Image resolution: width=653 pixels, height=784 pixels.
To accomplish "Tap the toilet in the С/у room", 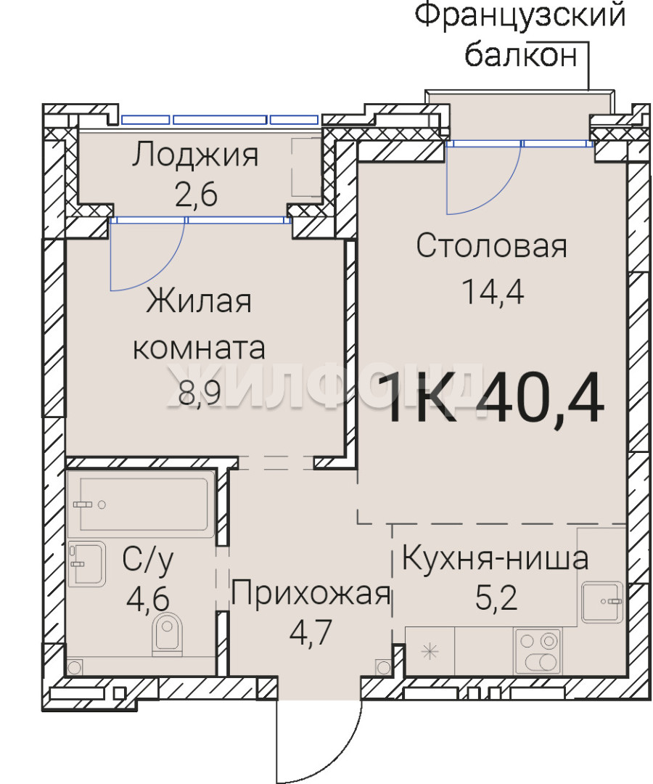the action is click(168, 633).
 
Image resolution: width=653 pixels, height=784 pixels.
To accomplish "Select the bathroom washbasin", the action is click(87, 564).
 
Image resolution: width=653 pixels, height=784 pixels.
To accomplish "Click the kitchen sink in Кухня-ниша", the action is click(602, 602).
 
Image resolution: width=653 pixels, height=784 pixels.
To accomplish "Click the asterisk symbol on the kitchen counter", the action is click(430, 652).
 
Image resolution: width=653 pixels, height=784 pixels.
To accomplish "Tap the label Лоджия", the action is click(195, 156).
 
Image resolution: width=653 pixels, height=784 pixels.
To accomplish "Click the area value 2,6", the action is click(196, 195).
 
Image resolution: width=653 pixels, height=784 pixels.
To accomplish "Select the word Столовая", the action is click(492, 246).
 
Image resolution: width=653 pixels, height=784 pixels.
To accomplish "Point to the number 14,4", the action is click(493, 292).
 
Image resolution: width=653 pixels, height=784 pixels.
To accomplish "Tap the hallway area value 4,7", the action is click(311, 632).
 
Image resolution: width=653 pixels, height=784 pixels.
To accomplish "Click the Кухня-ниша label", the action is click(495, 558).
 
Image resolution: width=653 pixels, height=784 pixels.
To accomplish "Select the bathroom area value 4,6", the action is click(148, 598).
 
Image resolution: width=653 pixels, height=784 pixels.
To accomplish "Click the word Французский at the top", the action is click(520, 15).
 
